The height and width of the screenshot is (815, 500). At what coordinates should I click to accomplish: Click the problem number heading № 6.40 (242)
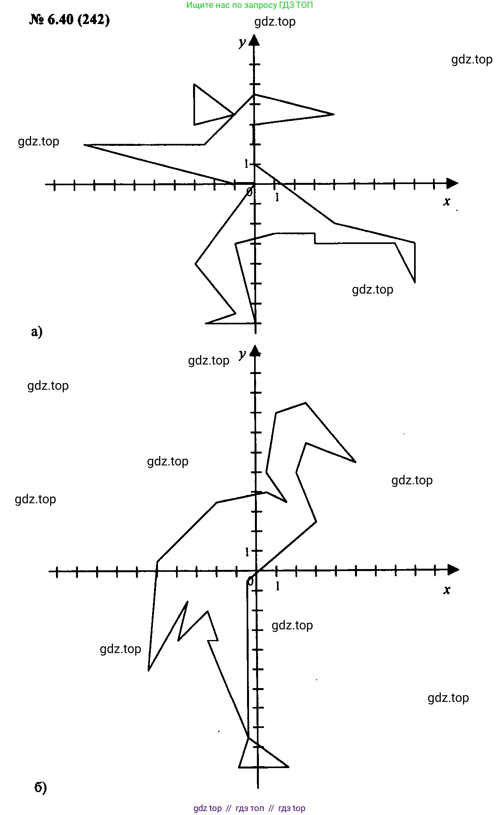(69, 20)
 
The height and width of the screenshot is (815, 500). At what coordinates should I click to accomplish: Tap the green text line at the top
(249, 5)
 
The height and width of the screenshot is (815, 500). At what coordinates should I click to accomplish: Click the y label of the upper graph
(242, 42)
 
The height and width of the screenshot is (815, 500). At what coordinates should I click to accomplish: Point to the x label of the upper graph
(446, 202)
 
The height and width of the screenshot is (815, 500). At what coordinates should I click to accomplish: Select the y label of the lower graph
(242, 354)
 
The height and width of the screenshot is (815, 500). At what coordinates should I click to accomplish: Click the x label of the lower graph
(446, 590)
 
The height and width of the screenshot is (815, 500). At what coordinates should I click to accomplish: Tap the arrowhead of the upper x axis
(452, 183)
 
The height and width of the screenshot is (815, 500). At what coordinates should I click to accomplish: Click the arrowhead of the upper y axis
(255, 40)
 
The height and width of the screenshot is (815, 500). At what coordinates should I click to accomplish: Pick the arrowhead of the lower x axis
(454, 569)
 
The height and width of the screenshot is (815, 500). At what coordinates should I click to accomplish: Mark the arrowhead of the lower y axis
(256, 350)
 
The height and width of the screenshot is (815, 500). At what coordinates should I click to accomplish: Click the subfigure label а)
(37, 331)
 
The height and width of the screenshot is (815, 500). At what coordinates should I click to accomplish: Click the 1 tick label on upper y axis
(247, 163)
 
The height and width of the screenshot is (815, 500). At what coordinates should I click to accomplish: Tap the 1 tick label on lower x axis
(277, 586)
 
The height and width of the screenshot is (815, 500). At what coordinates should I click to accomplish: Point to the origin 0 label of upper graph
(249, 192)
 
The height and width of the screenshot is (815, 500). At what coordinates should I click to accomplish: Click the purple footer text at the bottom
(249, 808)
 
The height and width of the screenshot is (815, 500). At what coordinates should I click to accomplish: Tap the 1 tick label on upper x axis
(277, 197)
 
